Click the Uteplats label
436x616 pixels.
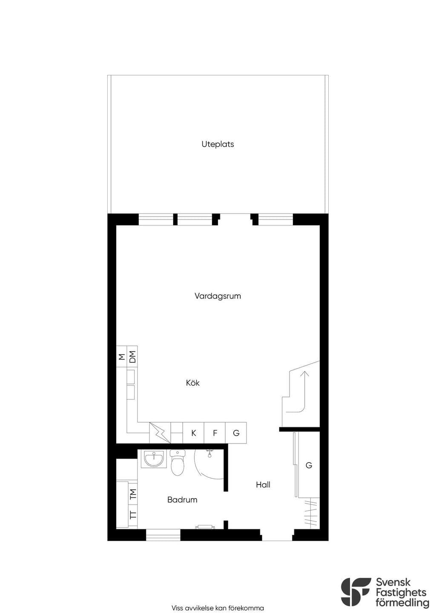coord(218,144)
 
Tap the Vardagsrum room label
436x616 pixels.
coord(218,296)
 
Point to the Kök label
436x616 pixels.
coord(193,383)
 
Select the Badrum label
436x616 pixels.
coord(182,500)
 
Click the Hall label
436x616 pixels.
coord(263,485)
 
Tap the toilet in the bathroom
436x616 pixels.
coord(178,462)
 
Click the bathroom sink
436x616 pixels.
coord(154,459)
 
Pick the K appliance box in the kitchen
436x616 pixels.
coord(193,433)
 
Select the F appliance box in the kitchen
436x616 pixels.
coord(215,433)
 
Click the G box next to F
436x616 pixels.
coord(236,433)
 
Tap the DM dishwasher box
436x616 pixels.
coord(132,357)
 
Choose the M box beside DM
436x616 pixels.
coord(122,357)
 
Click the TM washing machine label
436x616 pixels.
coord(133,494)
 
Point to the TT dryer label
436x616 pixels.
coord(133,514)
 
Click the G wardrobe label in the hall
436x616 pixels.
coord(309,465)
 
